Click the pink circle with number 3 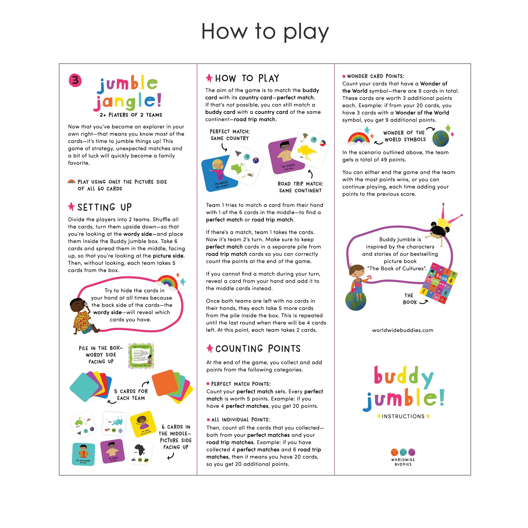pyautogui.click(x=75, y=80)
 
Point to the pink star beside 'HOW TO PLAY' pyautogui.click(x=209, y=78)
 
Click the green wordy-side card pyautogui.click(x=141, y=356)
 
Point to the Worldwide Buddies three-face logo pyautogui.click(x=403, y=452)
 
